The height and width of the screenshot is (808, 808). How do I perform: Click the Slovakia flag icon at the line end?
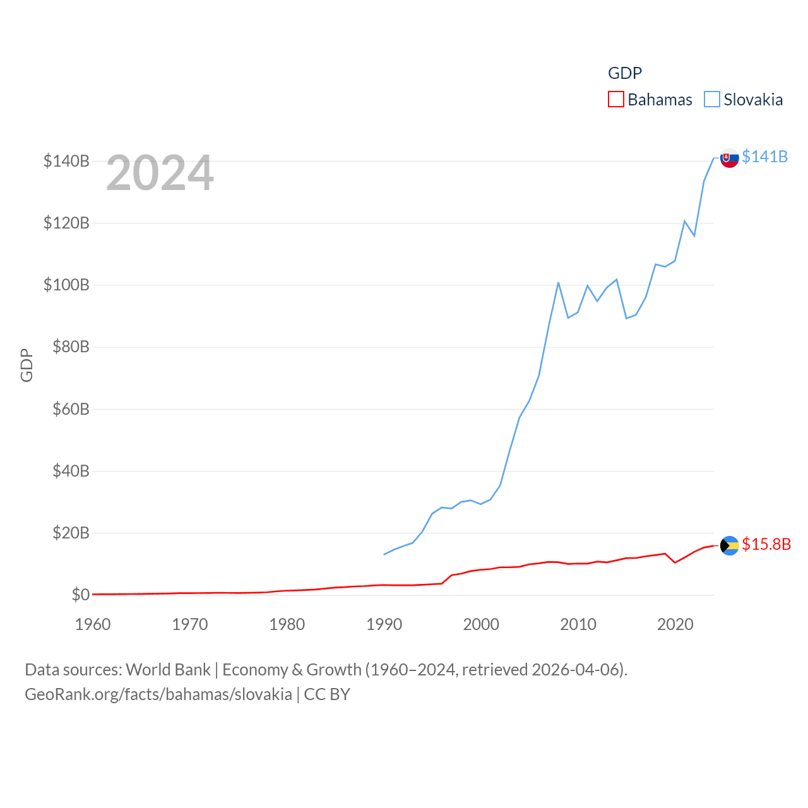click(730, 158)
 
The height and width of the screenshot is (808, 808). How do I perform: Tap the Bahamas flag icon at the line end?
click(730, 545)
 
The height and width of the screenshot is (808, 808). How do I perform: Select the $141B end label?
click(764, 157)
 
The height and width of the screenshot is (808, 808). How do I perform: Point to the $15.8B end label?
click(766, 544)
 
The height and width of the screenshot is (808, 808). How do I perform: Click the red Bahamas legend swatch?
click(615, 100)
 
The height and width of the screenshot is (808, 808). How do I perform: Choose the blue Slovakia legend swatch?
click(711, 100)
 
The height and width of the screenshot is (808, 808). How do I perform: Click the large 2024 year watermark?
click(160, 173)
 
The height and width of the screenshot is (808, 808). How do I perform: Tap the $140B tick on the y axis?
click(66, 161)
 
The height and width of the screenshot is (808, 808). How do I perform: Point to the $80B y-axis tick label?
click(71, 347)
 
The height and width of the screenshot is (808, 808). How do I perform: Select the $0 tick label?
click(80, 595)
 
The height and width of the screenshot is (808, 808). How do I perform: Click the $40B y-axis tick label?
click(71, 471)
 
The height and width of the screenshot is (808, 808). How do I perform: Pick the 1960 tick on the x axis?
click(93, 624)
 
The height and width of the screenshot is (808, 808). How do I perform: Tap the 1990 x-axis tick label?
click(384, 624)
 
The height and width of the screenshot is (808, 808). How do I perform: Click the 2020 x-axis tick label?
click(675, 624)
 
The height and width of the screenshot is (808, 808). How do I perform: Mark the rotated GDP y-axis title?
click(27, 365)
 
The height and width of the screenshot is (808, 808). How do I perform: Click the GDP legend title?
click(624, 73)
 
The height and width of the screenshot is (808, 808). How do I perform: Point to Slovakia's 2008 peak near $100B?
click(559, 283)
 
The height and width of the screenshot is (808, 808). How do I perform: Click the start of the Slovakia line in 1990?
click(384, 554)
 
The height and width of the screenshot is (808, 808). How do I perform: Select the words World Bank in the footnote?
click(168, 669)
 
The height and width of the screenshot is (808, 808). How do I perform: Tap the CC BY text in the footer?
click(327, 694)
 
